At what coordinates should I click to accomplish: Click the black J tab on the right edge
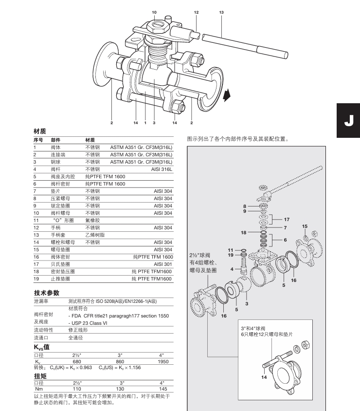coord(348,120)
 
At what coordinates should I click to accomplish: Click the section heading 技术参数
coord(46,293)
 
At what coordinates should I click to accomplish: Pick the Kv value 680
coord(76,362)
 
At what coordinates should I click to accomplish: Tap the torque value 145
coord(163,389)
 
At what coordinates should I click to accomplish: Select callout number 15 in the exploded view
coord(305,226)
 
